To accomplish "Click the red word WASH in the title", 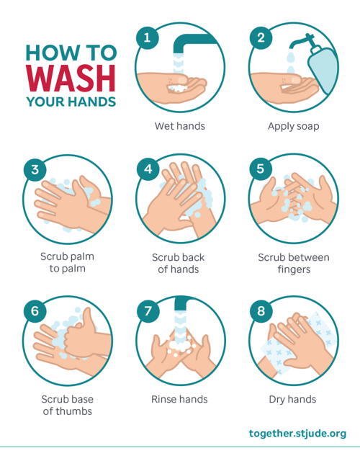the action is click(71, 79).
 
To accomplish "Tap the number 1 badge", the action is click(147, 37).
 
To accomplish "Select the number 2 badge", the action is click(261, 37).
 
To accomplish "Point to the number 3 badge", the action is click(35, 170).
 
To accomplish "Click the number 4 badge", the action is click(148, 169).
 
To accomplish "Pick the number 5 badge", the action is click(261, 169).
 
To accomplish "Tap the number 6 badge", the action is click(35, 311).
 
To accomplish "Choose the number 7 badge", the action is click(148, 311).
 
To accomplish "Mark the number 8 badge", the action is click(261, 311).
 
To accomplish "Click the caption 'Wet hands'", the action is click(180, 126).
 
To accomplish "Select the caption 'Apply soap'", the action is click(293, 127).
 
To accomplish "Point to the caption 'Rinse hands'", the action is click(179, 399).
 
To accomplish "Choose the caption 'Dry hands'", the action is click(293, 400).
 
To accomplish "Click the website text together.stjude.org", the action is click(297, 434).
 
